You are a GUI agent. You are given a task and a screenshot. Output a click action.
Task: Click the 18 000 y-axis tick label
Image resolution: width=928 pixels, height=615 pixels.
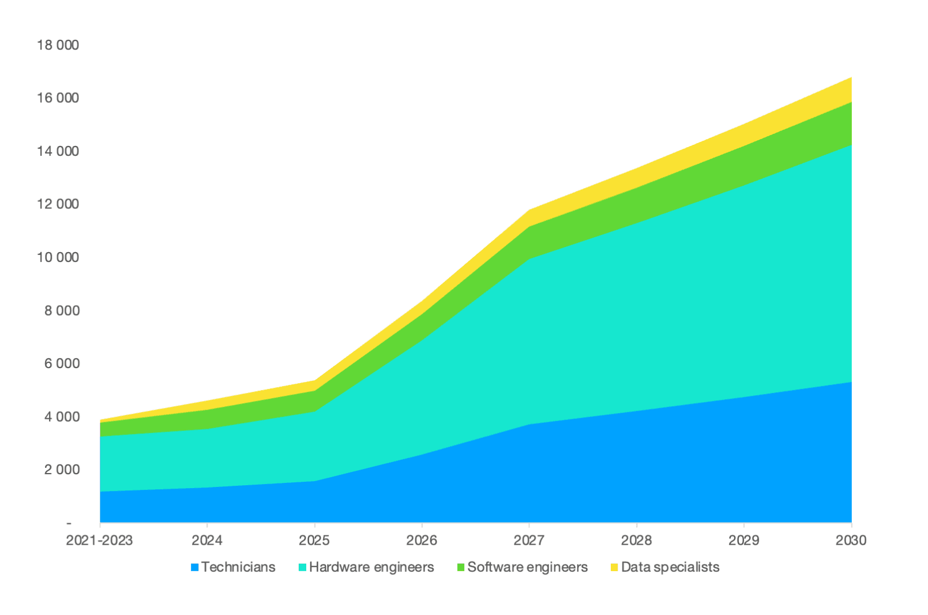(58, 45)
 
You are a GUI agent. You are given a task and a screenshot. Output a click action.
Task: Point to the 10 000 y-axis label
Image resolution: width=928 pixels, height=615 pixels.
(58, 257)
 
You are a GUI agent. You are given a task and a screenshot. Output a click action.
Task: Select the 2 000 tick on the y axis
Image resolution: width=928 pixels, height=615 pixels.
(61, 470)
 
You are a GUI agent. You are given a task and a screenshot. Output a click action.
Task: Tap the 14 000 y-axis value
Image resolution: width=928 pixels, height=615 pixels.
(58, 151)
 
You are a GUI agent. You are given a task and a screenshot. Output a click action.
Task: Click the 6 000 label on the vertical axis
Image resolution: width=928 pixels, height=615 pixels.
(61, 363)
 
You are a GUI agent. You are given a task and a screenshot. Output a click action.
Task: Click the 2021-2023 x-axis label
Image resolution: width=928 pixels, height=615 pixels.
(99, 541)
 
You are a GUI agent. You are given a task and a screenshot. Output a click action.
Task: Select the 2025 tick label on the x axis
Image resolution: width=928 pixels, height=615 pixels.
(314, 541)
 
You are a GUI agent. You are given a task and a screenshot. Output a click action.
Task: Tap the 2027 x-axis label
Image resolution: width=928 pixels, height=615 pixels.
(529, 541)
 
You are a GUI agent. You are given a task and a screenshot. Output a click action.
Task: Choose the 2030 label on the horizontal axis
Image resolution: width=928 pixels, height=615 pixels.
(851, 541)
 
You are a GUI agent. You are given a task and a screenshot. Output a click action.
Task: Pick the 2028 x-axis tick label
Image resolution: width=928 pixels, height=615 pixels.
(636, 541)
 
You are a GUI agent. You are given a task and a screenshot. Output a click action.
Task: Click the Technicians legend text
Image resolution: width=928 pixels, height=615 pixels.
(238, 567)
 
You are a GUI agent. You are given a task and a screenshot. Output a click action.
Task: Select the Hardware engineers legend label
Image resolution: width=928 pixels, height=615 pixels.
(371, 567)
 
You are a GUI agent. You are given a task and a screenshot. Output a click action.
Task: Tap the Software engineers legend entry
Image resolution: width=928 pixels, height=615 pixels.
(527, 567)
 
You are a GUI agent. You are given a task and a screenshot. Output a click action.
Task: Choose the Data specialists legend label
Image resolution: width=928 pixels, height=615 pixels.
(670, 567)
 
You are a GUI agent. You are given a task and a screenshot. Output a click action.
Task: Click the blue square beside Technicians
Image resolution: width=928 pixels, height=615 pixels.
(195, 568)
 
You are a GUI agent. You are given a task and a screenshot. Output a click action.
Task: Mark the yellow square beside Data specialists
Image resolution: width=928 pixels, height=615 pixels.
(614, 568)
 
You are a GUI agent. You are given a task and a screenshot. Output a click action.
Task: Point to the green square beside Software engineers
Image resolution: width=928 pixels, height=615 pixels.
(461, 568)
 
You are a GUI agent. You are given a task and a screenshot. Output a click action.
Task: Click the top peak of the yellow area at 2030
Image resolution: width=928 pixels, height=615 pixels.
(851, 78)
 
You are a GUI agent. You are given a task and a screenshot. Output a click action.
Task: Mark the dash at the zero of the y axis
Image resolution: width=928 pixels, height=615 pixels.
(69, 523)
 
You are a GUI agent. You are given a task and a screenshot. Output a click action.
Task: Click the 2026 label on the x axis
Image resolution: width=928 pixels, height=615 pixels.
(422, 541)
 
